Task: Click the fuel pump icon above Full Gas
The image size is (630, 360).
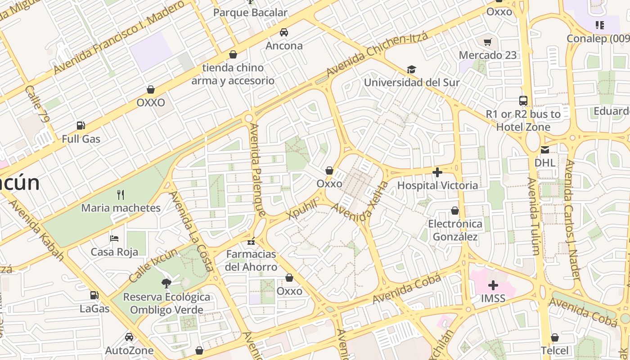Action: [81, 126]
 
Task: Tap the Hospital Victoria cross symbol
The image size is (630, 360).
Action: [437, 172]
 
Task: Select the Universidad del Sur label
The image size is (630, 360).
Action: [411, 82]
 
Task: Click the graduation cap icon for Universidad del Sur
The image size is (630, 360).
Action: [411, 69]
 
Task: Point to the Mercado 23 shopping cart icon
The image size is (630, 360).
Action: [487, 42]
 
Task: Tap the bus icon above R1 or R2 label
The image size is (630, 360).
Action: [523, 101]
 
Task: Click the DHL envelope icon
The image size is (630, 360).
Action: [545, 150]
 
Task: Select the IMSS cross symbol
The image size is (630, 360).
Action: [493, 285]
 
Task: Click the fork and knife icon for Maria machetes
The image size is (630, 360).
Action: [120, 194]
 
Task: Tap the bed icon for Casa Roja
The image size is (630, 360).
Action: [114, 238]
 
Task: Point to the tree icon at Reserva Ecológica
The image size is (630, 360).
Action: [166, 283]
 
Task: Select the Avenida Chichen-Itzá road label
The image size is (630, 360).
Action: [377, 55]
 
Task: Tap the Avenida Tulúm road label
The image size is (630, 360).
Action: [533, 216]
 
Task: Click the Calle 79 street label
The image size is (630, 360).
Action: [37, 105]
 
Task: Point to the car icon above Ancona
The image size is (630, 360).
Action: [284, 32]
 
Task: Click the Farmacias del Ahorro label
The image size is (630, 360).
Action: [251, 261]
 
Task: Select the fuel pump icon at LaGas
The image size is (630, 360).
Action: [94, 295]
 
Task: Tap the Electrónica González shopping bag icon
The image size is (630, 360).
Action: [455, 211]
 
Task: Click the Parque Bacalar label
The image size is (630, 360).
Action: [250, 13]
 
